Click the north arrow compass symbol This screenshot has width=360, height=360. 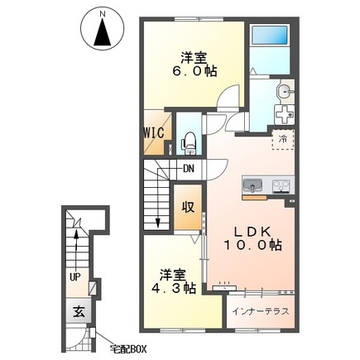(x=103, y=30)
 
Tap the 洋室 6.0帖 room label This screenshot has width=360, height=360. (x=194, y=65)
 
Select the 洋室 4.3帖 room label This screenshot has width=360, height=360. (x=174, y=281)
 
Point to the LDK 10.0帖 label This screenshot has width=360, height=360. (x=252, y=238)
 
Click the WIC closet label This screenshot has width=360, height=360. (x=155, y=132)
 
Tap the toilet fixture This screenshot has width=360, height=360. (x=189, y=142)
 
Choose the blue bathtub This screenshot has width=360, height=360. (x=270, y=35)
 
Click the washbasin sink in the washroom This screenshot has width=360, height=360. (x=285, y=90)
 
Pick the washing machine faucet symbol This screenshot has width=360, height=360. (x=285, y=115)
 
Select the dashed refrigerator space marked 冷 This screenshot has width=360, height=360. (x=283, y=140)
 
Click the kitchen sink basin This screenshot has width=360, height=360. (x=252, y=185)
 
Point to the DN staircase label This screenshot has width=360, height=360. (x=189, y=168)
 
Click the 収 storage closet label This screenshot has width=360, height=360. (x=188, y=207)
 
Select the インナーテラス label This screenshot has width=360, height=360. (x=261, y=311)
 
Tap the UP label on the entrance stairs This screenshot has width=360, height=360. (x=75, y=277)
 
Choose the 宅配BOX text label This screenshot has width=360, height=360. (x=127, y=349)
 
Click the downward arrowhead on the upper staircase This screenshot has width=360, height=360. (x=158, y=223)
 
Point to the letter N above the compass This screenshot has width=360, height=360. (x=103, y=13)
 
